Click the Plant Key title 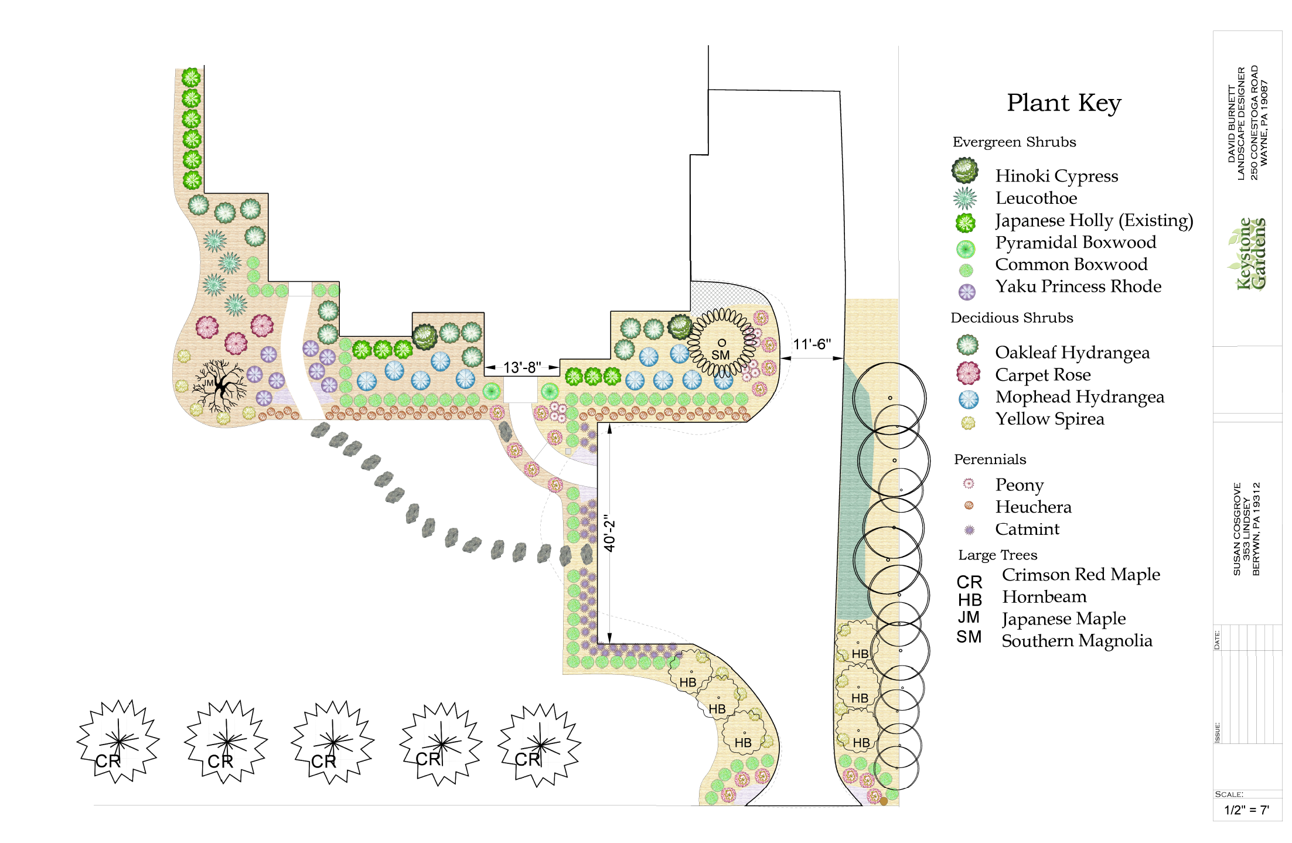(x=1063, y=103)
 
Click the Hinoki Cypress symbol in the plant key (x=965, y=170)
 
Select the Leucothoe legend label (x=1036, y=198)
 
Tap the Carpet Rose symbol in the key (x=968, y=373)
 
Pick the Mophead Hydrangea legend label (x=1080, y=397)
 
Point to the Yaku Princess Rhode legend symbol (x=967, y=292)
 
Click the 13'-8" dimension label (x=522, y=367)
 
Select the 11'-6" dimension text (x=812, y=344)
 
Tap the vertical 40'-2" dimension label (x=610, y=533)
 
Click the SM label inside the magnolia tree (x=721, y=355)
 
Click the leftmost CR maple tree (x=118, y=742)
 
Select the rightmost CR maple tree (x=540, y=745)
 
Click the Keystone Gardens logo (x=1248, y=254)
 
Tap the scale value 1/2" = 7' (x=1246, y=810)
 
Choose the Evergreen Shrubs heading (x=1014, y=142)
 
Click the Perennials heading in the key (x=990, y=459)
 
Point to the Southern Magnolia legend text (x=1077, y=641)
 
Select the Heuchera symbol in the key (x=969, y=506)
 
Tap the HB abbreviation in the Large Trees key (x=970, y=600)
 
